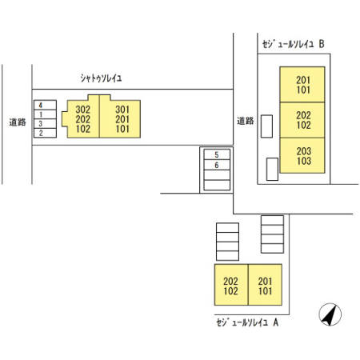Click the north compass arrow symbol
coord(330,314)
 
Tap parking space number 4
coord(45,105)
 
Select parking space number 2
coord(45,133)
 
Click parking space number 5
coord(217,154)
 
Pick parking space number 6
coord(217,165)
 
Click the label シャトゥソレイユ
coord(101,78)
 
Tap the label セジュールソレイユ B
coord(293,44)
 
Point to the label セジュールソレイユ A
coord(247,322)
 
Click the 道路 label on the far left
coord(18,122)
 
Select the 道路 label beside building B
coord(246,121)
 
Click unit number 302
coord(83,110)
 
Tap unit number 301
coord(122,110)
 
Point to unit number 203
coord(304,151)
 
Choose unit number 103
coord(304,161)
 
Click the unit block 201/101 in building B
coord(302,84)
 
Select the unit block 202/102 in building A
coord(231,285)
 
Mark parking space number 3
coord(45,124)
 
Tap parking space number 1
coord(45,114)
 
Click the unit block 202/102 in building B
coord(302,120)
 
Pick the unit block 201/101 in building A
coord(265,285)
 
